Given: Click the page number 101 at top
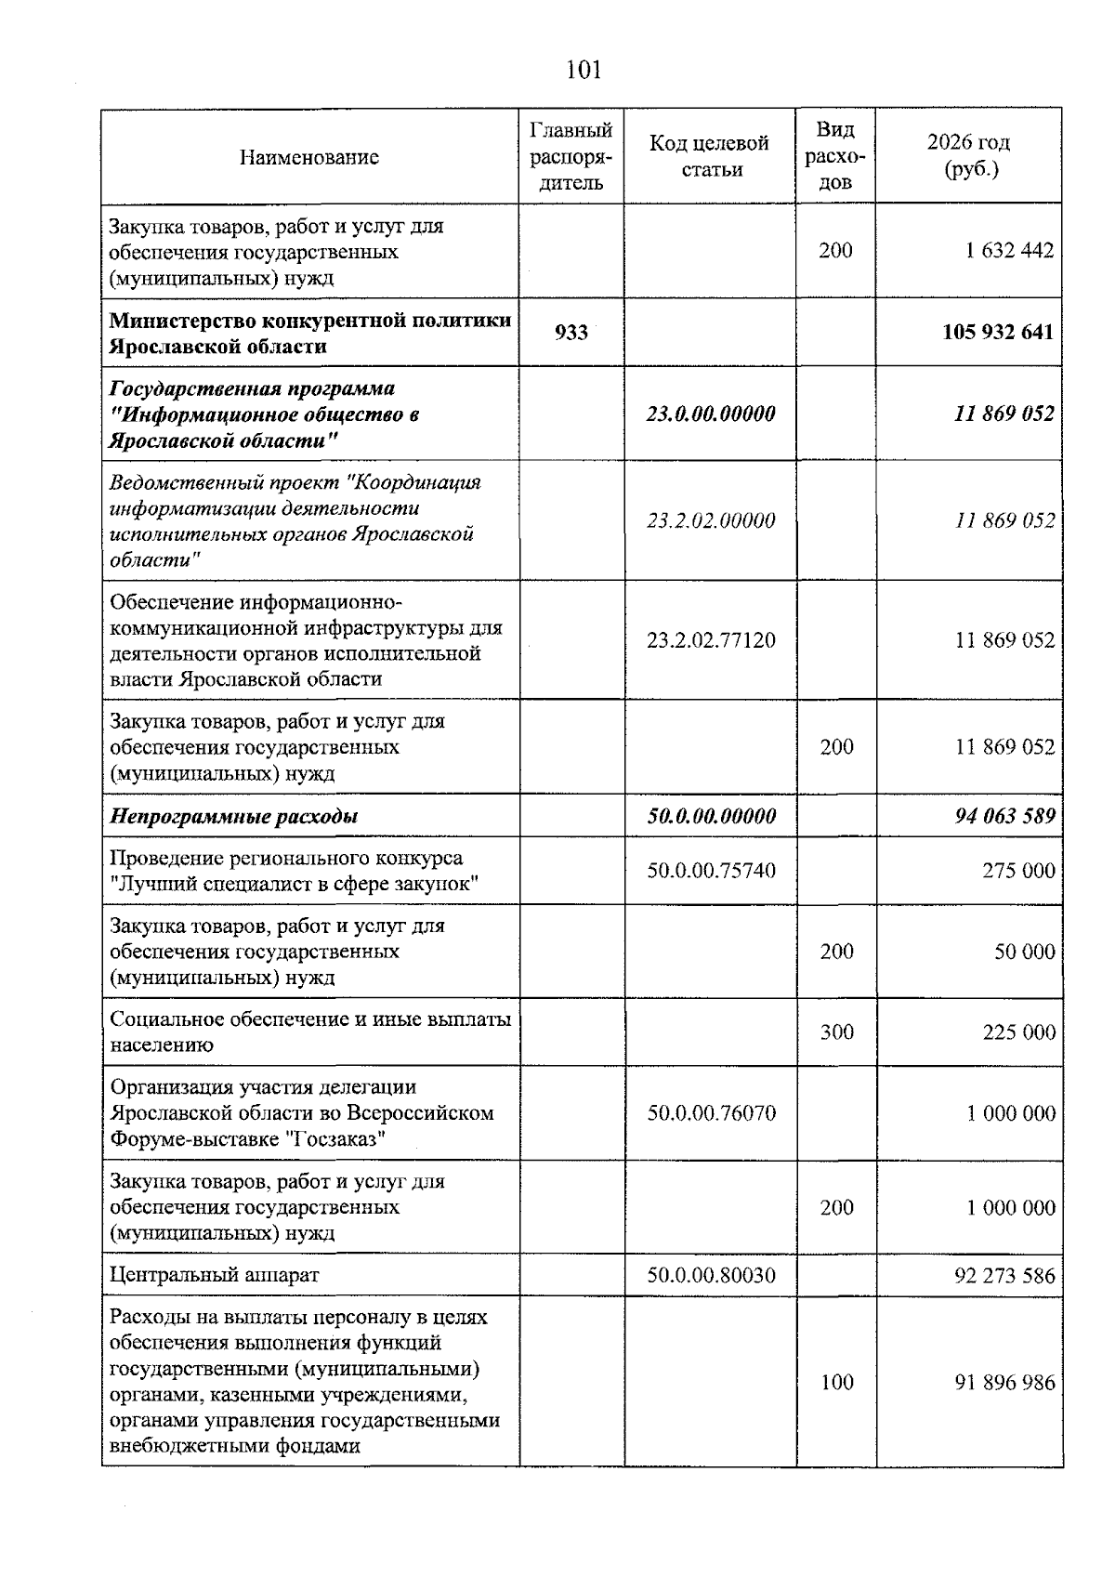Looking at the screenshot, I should [x=584, y=71].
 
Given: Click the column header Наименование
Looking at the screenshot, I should [x=309, y=157].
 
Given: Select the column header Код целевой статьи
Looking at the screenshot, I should [x=710, y=156].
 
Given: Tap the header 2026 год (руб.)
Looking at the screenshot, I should [x=968, y=156].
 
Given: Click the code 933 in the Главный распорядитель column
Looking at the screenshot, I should [x=571, y=333].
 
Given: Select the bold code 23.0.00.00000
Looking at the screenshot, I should [x=711, y=414].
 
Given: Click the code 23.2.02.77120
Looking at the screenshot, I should [x=711, y=640].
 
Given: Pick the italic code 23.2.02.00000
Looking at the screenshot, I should [x=711, y=520].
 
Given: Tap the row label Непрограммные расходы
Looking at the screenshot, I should [x=234, y=817].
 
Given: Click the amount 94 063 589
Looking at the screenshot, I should [x=1004, y=817].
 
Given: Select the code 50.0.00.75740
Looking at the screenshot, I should [x=711, y=871].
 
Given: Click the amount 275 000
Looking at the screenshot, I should [x=1018, y=871].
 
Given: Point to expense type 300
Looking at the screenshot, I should [x=836, y=1032].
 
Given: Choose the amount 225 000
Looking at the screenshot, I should [x=1018, y=1032].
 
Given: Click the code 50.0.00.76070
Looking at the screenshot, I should [x=711, y=1113].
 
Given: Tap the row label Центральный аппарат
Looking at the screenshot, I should [x=215, y=1275].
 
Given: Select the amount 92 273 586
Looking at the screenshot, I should [x=1004, y=1275].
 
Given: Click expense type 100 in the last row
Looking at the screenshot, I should [x=836, y=1383].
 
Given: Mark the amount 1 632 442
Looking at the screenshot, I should [x=1009, y=251].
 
